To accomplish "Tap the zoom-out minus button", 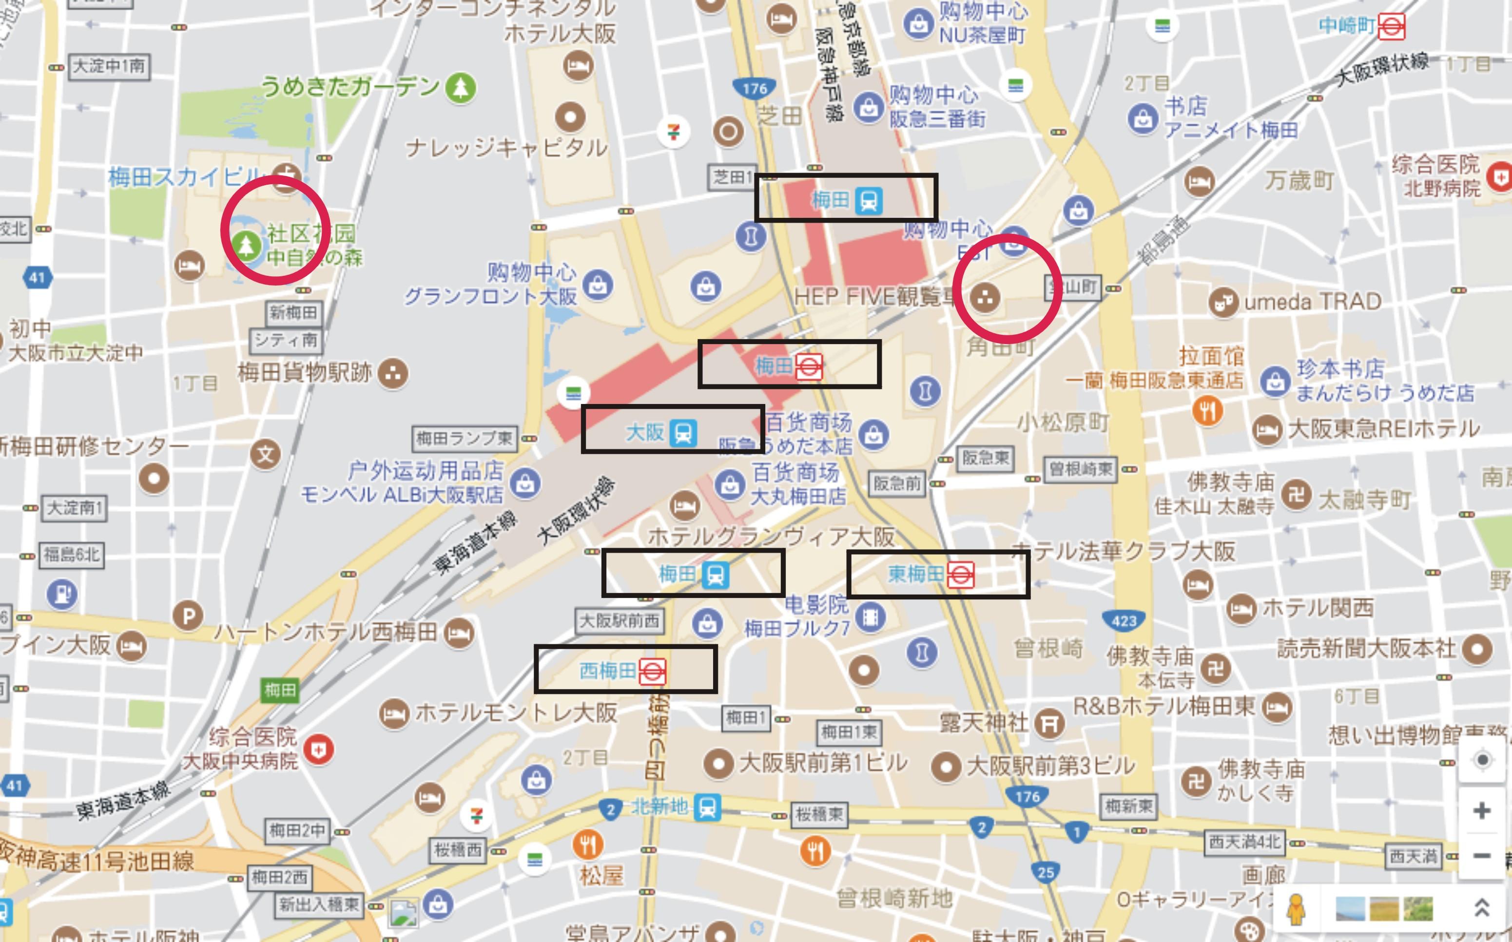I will tap(1481, 855).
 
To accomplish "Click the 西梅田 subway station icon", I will tap(652, 672).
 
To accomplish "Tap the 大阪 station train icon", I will tap(683, 432).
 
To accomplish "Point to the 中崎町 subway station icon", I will tap(1391, 27).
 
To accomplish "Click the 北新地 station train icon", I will tap(707, 807).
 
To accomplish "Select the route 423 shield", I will tap(1124, 620).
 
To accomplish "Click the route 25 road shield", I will tap(1046, 872).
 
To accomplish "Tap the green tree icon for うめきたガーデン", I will tap(461, 87).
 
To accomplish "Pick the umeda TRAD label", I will tap(1313, 302).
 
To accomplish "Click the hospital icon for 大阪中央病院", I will tap(319, 750).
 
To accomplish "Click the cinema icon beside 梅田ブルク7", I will tap(871, 617).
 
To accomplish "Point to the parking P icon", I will tap(188, 616).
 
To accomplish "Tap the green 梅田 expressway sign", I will tap(280, 690).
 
